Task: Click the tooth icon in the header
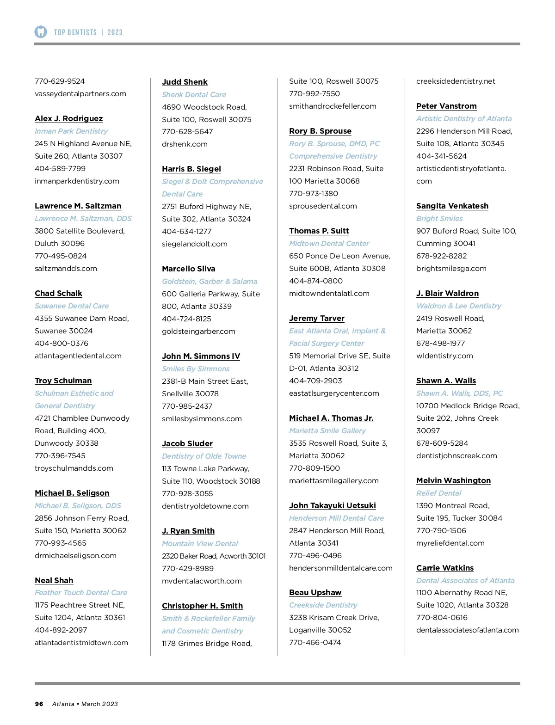pyautogui.click(x=41, y=32)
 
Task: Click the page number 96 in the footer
pyautogui.click(x=39, y=704)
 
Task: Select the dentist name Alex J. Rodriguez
pyautogui.click(x=68, y=118)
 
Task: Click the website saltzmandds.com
pyautogui.click(x=66, y=268)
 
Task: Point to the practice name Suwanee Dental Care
pyautogui.click(x=72, y=306)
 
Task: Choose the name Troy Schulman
pyautogui.click(x=63, y=381)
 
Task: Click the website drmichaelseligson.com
pyautogui.click(x=75, y=555)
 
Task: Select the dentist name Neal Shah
pyautogui.click(x=54, y=580)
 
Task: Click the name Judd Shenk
pyautogui.click(x=185, y=82)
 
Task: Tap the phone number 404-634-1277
pyautogui.click(x=186, y=231)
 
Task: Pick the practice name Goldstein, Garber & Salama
pyautogui.click(x=210, y=281)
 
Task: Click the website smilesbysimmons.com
pyautogui.click(x=202, y=418)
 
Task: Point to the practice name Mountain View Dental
pyautogui.click(x=200, y=543)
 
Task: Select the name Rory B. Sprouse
pyautogui.click(x=320, y=131)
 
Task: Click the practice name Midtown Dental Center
pyautogui.click(x=329, y=243)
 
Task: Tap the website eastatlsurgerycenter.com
pyautogui.click(x=334, y=393)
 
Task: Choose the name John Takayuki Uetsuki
pyautogui.click(x=332, y=505)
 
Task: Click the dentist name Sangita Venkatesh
pyautogui.click(x=452, y=206)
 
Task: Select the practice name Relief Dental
pyautogui.click(x=438, y=493)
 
